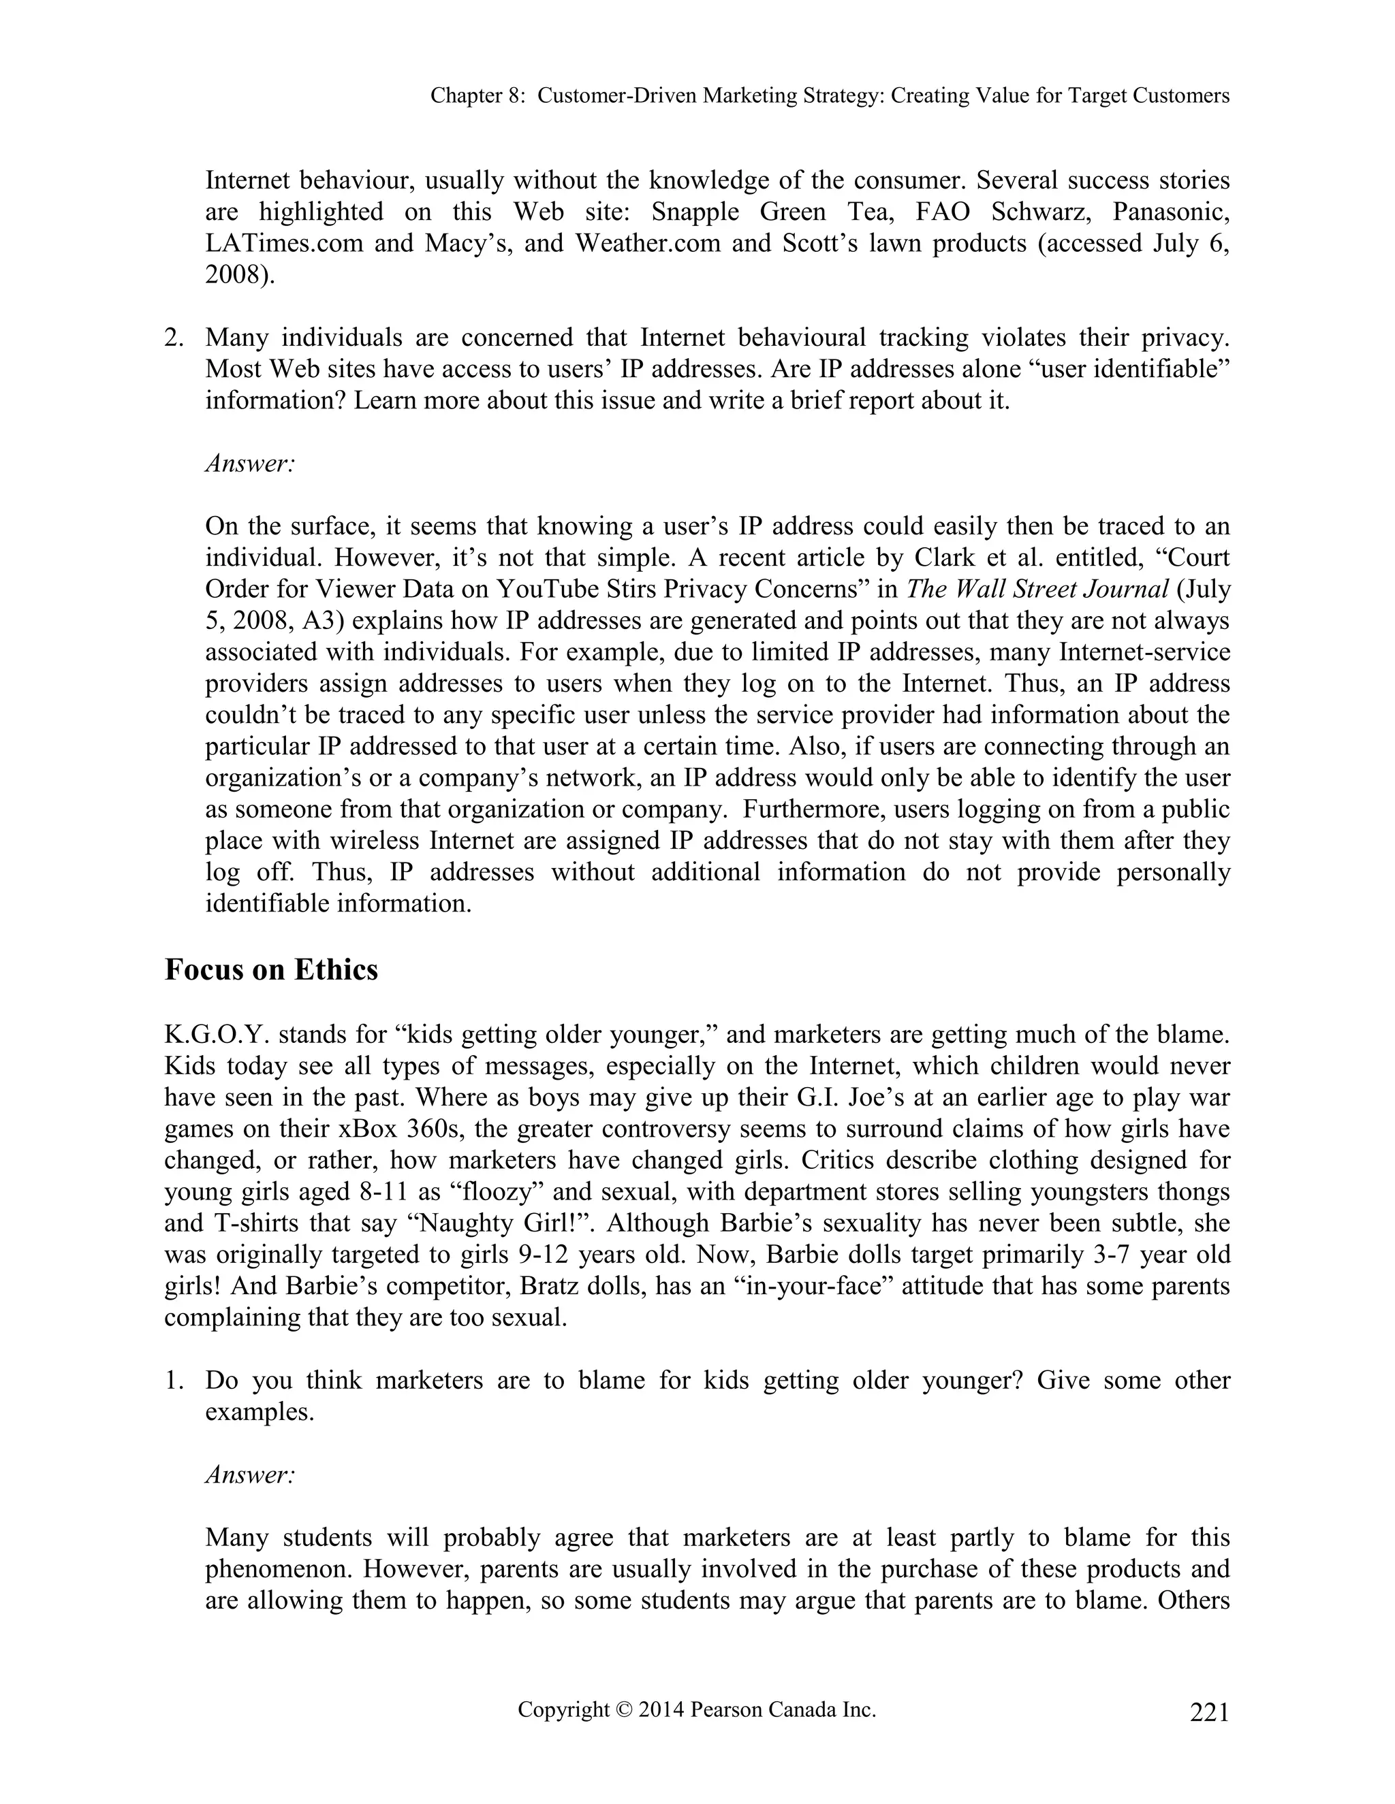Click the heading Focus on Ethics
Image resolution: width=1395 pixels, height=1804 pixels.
tap(271, 969)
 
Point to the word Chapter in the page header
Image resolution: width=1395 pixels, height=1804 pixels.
tap(465, 96)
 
